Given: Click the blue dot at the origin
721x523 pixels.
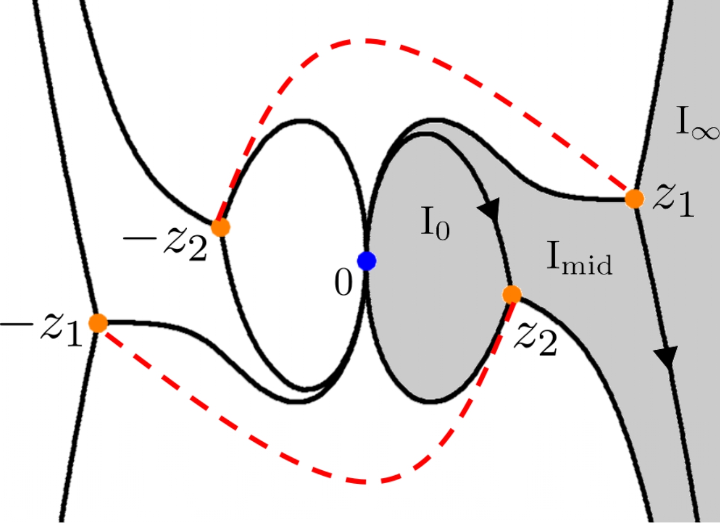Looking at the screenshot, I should (x=367, y=261).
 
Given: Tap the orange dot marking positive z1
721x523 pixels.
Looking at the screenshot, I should (x=635, y=199).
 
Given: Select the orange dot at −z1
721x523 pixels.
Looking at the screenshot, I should (x=98, y=323).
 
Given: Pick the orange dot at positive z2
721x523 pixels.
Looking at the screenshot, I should (x=512, y=294).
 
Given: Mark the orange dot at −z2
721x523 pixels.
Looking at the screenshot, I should (x=221, y=227).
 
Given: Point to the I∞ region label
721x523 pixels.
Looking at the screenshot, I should (x=697, y=123).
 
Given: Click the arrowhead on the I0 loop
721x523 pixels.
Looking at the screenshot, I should (x=490, y=208).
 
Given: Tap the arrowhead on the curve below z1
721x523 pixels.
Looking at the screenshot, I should (x=666, y=356).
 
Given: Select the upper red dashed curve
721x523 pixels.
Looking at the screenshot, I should (x=366, y=40).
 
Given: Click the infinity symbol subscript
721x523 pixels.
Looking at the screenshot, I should (x=705, y=131).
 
